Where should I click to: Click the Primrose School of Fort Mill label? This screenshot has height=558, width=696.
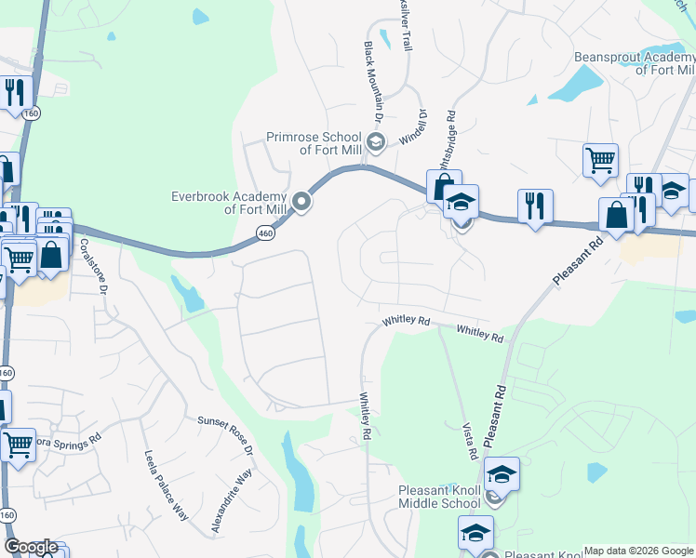click(315, 142)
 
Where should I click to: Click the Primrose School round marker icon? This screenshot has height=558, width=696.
click(376, 142)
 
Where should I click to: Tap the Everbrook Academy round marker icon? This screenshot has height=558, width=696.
click(301, 201)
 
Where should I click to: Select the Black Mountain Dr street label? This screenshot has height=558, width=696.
click(374, 82)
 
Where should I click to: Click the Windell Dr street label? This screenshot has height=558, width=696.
click(414, 127)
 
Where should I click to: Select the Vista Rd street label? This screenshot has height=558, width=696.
click(470, 440)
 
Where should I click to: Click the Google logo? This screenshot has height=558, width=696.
click(31, 547)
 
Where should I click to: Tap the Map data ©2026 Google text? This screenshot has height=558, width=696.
click(638, 551)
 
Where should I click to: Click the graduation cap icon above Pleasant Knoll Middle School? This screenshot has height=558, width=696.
click(501, 474)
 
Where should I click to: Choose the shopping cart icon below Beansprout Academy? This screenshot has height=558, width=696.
click(600, 159)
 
